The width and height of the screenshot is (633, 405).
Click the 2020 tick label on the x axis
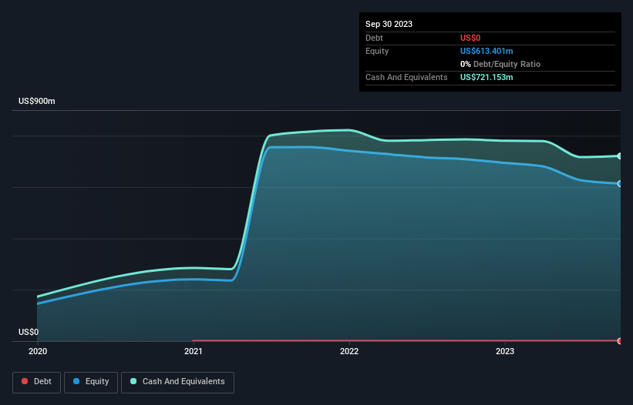37,351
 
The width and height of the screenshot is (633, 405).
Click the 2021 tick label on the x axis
193,351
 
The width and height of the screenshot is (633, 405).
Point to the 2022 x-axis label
348,351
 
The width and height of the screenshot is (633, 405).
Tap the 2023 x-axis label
504,351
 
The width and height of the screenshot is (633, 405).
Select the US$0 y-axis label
29,332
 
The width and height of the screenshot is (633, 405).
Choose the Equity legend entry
91,382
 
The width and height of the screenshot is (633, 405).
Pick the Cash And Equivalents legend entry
177,382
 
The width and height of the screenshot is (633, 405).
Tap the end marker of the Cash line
620,156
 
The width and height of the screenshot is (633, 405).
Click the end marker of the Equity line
620,183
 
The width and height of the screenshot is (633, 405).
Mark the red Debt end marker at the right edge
620,340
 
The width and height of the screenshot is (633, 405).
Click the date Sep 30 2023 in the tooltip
389,24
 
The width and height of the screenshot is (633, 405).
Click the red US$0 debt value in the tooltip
471,38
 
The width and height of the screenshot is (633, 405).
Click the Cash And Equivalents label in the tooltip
406,78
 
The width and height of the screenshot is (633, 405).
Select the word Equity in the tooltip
377,51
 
